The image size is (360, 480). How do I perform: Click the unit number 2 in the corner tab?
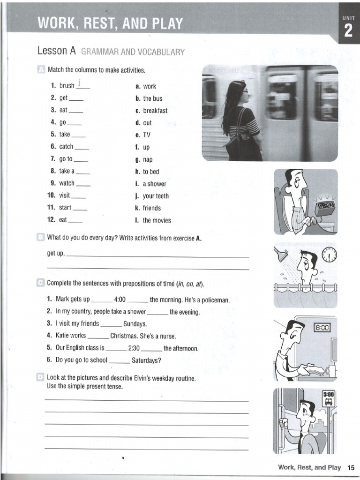(348, 31)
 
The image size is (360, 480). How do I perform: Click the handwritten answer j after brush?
(80, 84)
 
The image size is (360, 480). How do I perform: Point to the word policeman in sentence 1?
(213, 300)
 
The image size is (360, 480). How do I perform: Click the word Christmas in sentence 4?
(124, 336)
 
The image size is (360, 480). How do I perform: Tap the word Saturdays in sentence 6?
(145, 360)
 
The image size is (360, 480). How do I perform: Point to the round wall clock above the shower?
(330, 255)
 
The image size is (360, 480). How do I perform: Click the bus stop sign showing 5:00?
(328, 398)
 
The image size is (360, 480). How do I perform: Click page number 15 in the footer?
(351, 467)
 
